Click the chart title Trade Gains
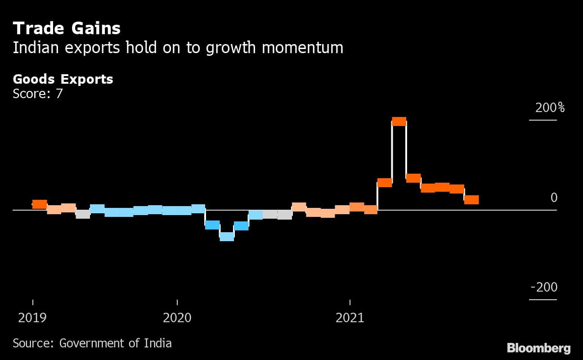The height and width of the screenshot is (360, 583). click(x=67, y=28)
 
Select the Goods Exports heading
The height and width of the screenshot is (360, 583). click(x=63, y=79)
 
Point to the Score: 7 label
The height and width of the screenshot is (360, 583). click(x=38, y=94)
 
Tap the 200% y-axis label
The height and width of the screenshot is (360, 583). click(x=550, y=108)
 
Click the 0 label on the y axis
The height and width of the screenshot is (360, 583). click(x=554, y=198)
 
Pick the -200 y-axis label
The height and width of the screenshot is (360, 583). click(x=544, y=287)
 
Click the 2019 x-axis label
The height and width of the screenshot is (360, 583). click(x=32, y=318)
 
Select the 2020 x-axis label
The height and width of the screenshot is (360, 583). click(x=177, y=318)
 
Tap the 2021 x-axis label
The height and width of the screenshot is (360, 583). click(x=350, y=318)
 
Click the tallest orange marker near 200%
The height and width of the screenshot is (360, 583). click(x=399, y=121)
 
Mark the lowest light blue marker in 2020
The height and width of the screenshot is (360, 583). click(x=227, y=237)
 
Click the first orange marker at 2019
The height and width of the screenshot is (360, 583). click(x=40, y=204)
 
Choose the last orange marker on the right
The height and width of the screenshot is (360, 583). click(x=471, y=200)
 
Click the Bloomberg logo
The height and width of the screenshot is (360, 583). click(x=538, y=348)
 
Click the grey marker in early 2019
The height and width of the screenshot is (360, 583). click(x=83, y=214)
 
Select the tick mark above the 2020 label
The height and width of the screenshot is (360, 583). click(x=177, y=302)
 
